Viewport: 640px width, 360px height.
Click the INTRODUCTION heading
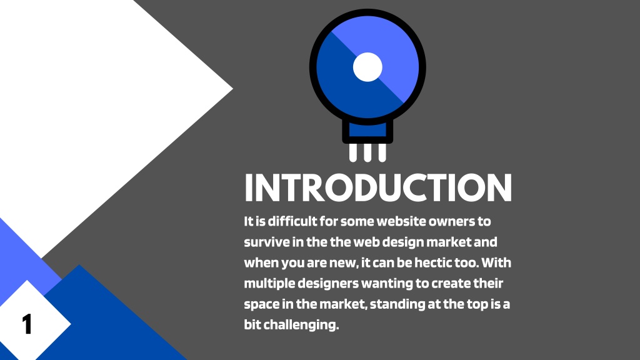(x=378, y=187)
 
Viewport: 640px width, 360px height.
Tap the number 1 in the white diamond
(x=27, y=324)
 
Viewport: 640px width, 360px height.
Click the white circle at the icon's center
(x=367, y=67)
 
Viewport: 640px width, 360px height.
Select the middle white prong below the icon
(x=367, y=152)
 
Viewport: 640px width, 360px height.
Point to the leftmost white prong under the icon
(x=353, y=152)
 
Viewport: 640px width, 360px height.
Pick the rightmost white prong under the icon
(x=382, y=152)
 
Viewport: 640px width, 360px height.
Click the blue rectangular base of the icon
(x=367, y=131)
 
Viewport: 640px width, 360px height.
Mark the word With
(x=496, y=262)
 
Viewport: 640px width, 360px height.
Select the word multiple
(x=269, y=284)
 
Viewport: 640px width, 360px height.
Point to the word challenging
(x=301, y=325)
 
